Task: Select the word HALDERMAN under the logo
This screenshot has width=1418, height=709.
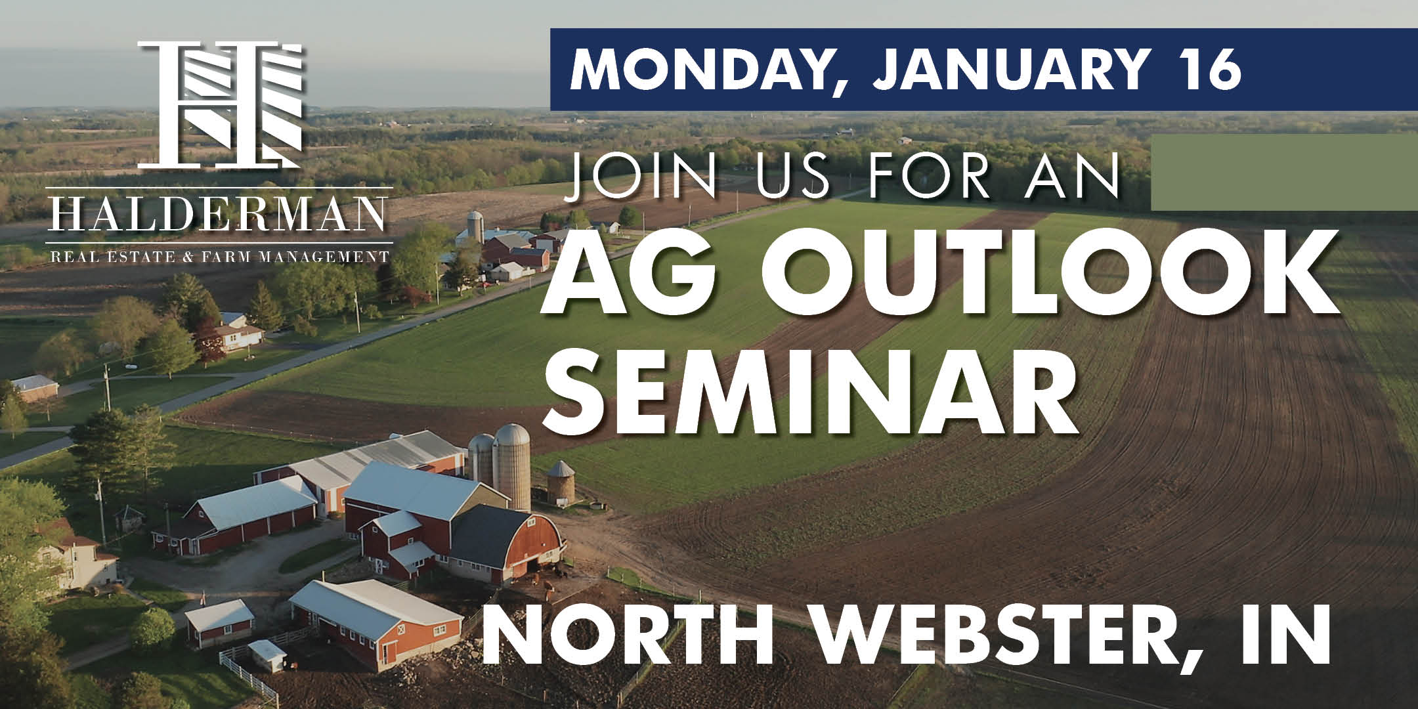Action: pos(216,214)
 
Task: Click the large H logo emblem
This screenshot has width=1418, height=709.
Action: pos(220,103)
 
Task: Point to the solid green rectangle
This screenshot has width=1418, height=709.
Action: pos(1284,172)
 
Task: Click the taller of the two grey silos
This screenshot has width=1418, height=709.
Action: pos(512,465)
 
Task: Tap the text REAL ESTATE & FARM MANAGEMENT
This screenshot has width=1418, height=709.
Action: pos(220,255)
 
